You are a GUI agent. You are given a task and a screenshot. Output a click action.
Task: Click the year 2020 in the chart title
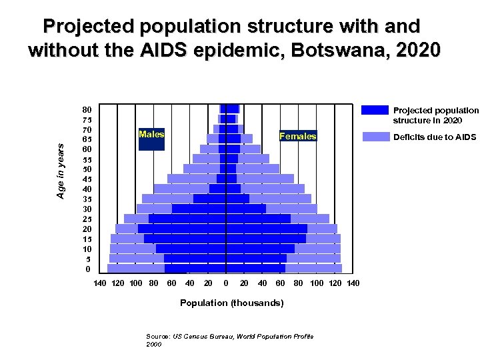415,50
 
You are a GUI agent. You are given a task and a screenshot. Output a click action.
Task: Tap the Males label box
151,135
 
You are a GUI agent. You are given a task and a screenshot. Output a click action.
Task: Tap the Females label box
297,137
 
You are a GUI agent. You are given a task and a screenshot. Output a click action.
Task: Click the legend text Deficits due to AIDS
435,137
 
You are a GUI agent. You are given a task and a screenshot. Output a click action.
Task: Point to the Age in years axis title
61,171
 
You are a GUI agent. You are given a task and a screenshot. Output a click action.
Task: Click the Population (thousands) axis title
231,303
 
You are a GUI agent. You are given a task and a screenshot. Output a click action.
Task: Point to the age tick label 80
87,109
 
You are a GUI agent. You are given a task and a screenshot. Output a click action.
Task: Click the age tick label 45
87,179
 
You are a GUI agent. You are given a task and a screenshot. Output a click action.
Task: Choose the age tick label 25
87,219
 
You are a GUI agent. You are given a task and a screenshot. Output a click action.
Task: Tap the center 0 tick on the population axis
226,283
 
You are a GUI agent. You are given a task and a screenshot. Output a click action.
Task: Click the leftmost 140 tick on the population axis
99,283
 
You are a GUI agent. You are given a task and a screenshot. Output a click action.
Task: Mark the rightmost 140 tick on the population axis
353,283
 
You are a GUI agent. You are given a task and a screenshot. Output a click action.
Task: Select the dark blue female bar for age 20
267,229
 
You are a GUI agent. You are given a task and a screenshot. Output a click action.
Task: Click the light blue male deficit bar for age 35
167,199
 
